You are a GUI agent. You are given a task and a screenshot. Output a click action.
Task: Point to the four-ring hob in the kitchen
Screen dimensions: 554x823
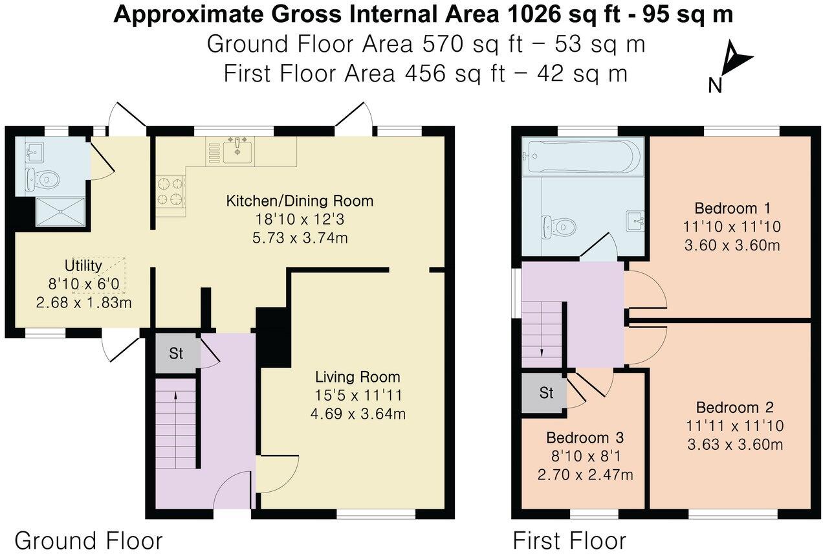[170, 192]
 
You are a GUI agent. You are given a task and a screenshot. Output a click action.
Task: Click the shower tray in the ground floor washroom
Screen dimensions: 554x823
[60, 211]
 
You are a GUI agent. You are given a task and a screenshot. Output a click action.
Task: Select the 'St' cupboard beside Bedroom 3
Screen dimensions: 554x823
[547, 392]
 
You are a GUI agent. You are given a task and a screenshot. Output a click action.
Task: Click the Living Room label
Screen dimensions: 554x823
[357, 377]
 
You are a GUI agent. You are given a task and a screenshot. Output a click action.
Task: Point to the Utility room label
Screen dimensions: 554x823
[83, 266]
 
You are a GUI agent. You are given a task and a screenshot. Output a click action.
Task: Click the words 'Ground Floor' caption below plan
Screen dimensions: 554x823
[89, 540]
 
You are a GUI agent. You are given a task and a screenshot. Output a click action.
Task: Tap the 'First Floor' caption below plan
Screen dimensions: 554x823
[569, 540]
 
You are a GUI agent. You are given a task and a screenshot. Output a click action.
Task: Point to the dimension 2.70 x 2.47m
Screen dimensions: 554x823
[585, 475]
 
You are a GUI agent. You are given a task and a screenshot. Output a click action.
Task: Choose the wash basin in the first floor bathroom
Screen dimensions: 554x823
[635, 221]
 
